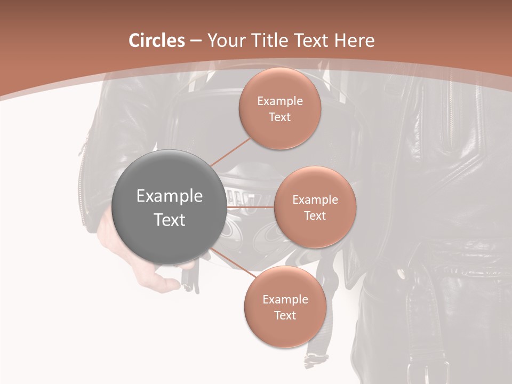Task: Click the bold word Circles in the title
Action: (x=157, y=41)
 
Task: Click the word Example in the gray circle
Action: (x=170, y=196)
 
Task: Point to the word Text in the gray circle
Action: (x=170, y=220)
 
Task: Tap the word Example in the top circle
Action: (x=279, y=101)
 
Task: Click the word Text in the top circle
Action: (x=279, y=117)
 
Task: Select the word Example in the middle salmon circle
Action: (x=315, y=200)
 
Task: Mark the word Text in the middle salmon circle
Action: (x=315, y=216)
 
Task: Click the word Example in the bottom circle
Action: (x=285, y=300)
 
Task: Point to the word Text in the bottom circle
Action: (x=285, y=316)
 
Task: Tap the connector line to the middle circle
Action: (x=250, y=207)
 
